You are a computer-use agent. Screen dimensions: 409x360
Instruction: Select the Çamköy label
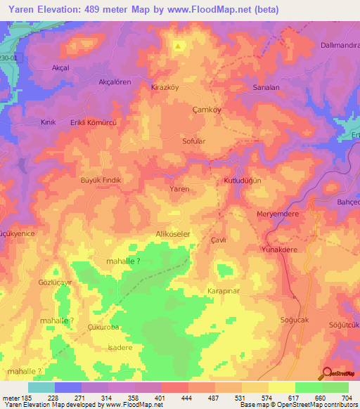point(207,110)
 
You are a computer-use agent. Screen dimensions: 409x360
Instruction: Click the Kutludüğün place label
point(243,181)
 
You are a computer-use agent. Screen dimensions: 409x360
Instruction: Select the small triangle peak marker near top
point(179,47)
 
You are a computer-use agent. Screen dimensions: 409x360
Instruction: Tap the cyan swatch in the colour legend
point(41,387)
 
